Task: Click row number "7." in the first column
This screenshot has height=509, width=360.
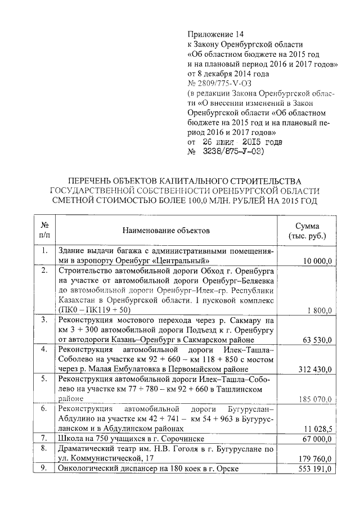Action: coord(44,438)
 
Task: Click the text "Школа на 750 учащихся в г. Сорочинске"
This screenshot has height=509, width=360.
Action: coord(130,438)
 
